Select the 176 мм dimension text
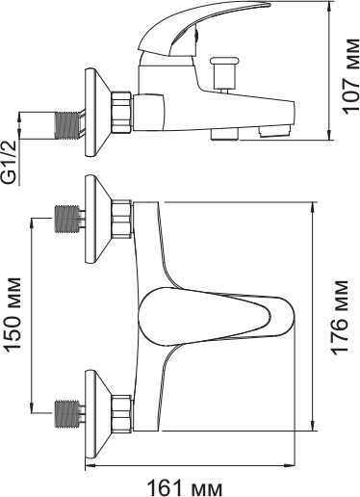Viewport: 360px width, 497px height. point(340,318)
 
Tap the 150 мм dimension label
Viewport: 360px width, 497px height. point(13,314)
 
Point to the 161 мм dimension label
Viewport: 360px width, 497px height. point(185,488)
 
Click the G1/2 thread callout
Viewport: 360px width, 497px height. point(11,163)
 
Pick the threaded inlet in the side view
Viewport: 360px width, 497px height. point(67,125)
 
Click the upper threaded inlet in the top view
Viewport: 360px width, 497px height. point(67,219)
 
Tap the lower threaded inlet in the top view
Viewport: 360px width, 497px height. point(67,413)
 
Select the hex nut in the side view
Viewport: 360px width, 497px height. point(122,112)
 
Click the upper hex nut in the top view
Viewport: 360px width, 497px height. point(122,219)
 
